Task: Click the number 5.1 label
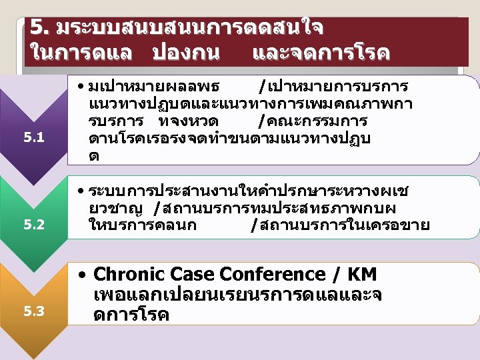tap(33, 138)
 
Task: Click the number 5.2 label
tap(33, 225)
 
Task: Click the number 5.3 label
tap(33, 311)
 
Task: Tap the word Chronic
tap(129, 274)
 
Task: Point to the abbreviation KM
tap(363, 274)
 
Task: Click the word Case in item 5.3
tap(193, 274)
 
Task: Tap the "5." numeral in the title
tap(40, 27)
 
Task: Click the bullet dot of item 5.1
tap(80, 87)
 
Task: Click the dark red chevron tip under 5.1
tap(33, 179)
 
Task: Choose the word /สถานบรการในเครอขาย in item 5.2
tap(340, 225)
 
